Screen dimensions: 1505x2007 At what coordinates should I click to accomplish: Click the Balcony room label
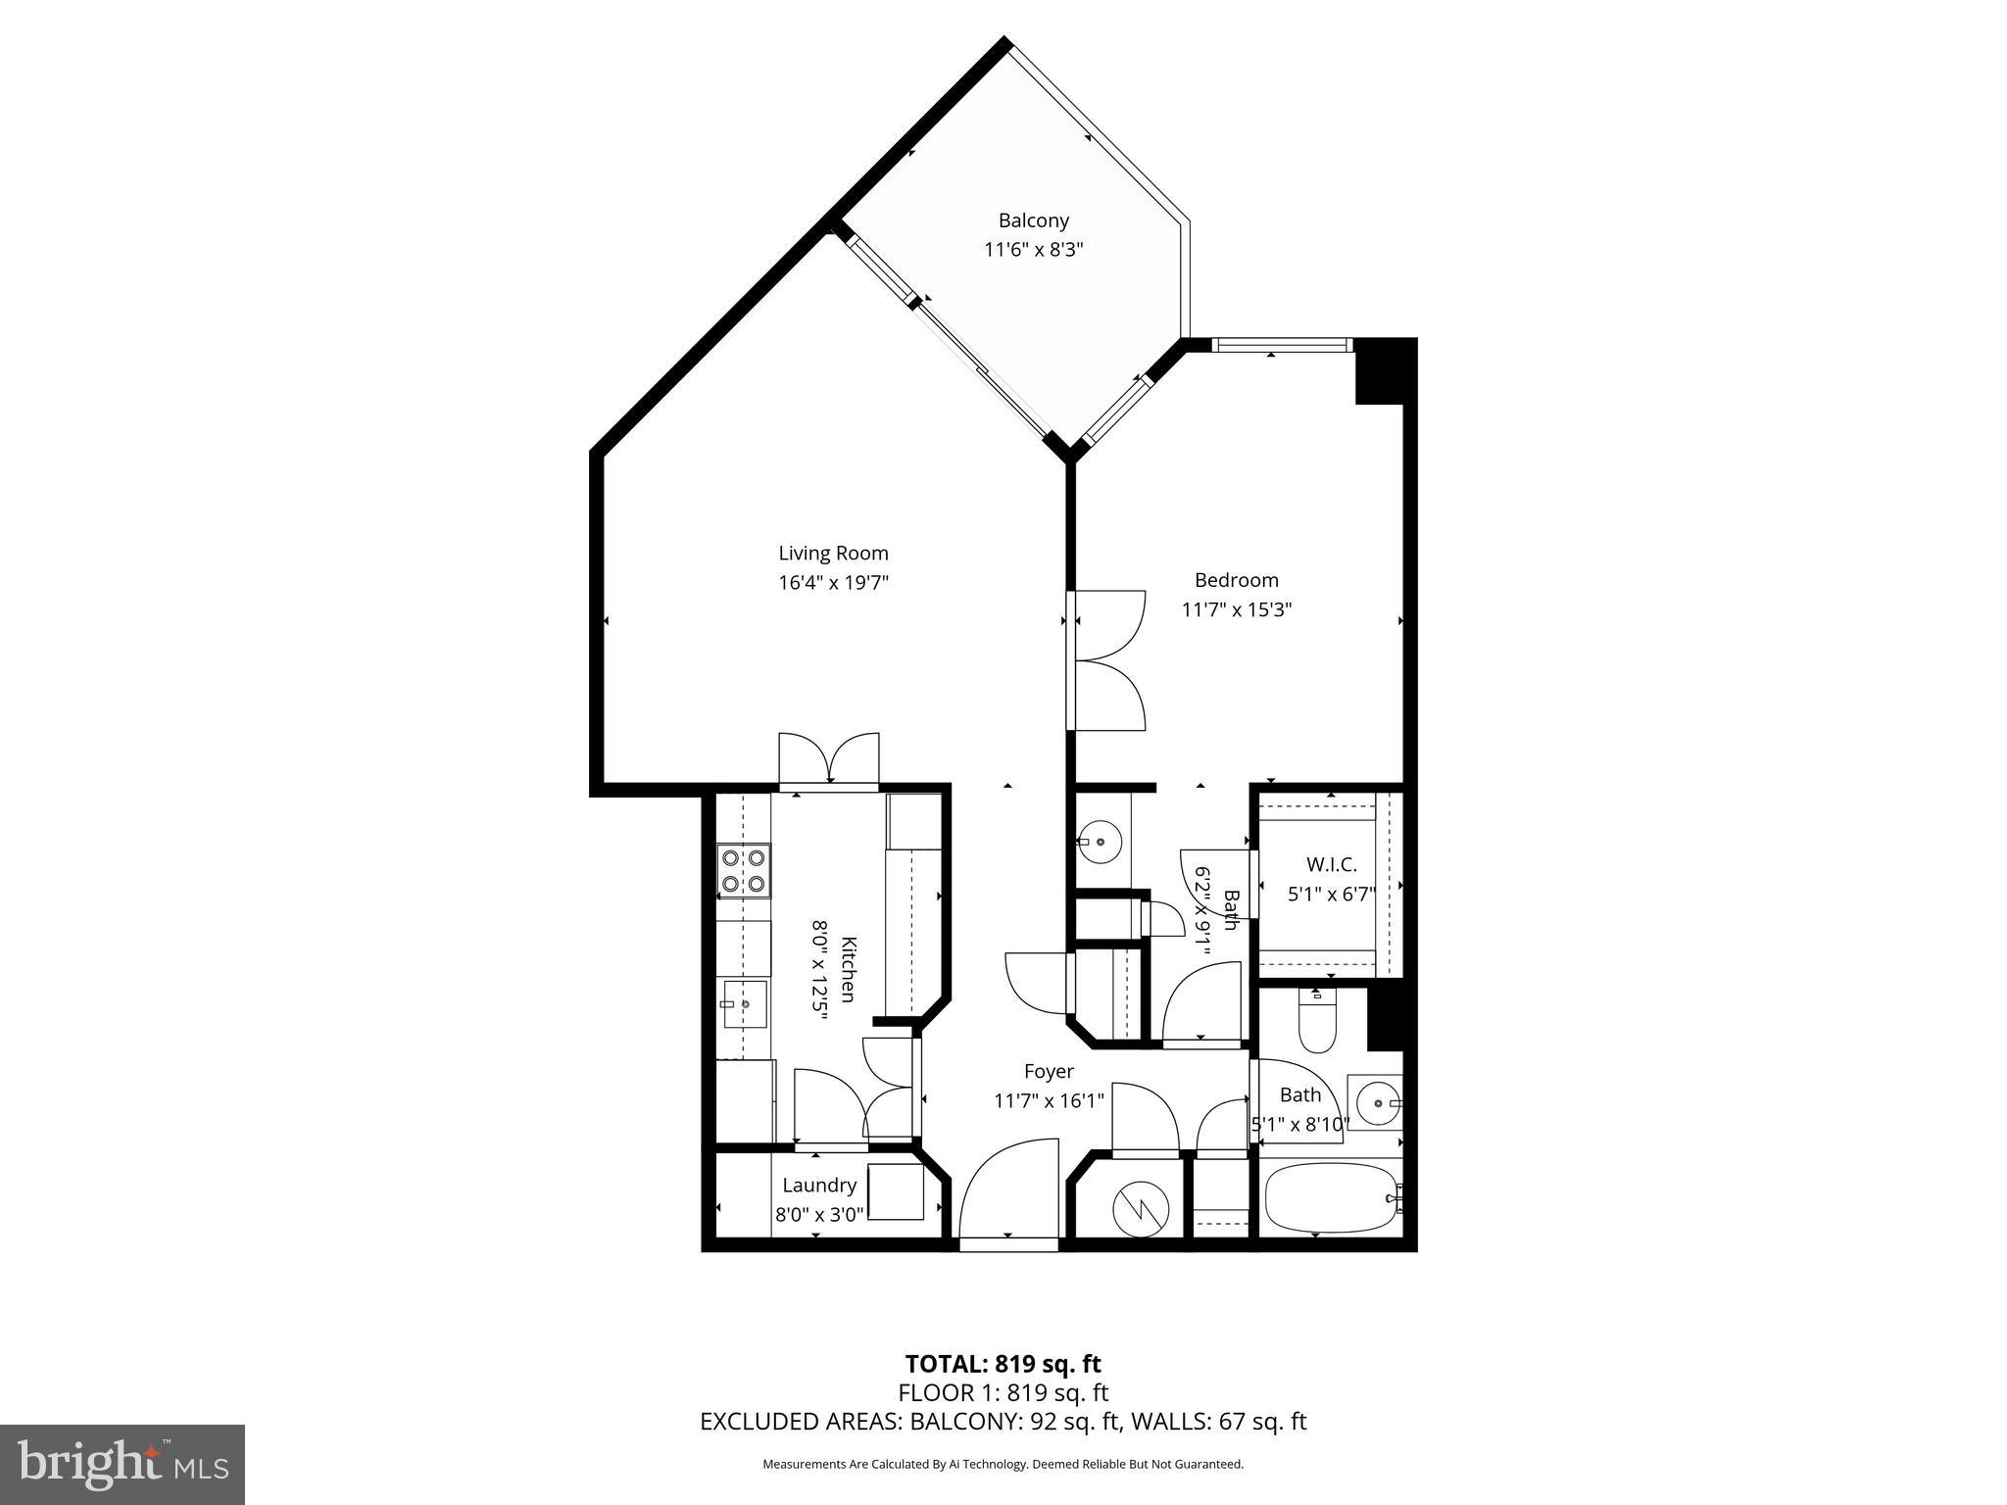tap(1033, 220)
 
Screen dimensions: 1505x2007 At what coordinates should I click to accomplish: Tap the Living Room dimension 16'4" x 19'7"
tap(833, 583)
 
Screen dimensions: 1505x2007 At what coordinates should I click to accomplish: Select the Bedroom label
tap(1236, 580)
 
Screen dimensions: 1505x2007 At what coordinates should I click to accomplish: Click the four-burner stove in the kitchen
tap(743, 870)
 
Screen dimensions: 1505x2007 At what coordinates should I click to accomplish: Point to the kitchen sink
tap(745, 1003)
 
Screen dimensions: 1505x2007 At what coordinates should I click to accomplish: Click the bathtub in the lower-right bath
tap(1329, 1197)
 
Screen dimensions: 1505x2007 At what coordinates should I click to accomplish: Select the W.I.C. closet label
tap(1331, 864)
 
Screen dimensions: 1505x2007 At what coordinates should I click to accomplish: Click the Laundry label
tap(819, 1185)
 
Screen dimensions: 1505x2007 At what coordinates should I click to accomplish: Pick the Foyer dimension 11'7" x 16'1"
tap(1049, 1100)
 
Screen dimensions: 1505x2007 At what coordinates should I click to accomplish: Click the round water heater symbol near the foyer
tap(1140, 1209)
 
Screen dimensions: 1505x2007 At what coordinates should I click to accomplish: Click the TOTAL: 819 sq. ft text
tap(1003, 1363)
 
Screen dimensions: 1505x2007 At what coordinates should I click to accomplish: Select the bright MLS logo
tap(122, 1463)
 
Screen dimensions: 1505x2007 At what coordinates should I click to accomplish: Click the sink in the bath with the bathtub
tap(1376, 1103)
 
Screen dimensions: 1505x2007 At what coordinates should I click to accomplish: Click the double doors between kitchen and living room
tap(829, 760)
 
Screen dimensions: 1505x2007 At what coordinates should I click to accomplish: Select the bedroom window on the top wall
tap(1282, 344)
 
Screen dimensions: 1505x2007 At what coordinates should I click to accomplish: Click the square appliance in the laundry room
tap(895, 1191)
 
